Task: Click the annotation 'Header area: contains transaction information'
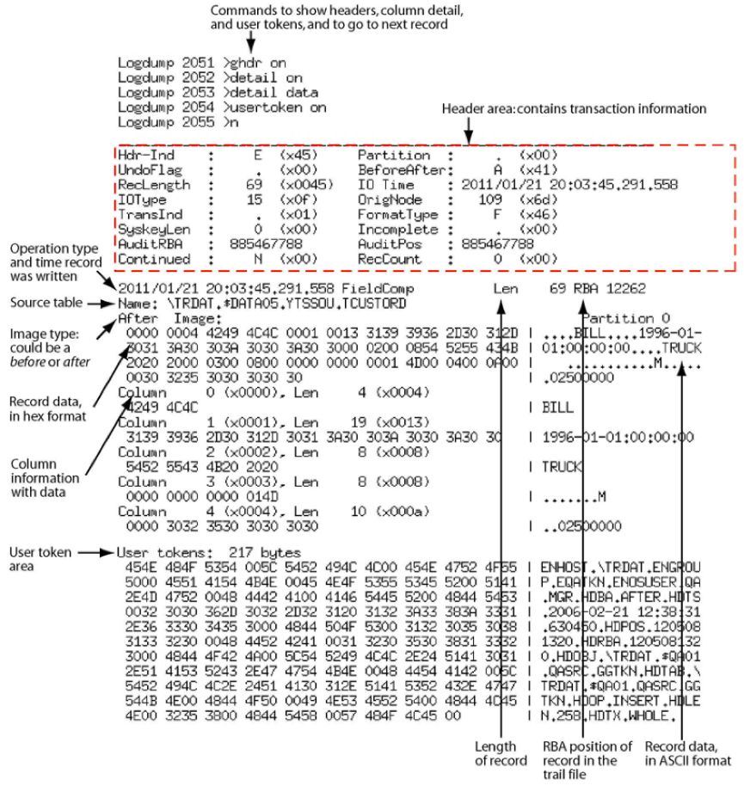574,109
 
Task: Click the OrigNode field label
386,199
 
